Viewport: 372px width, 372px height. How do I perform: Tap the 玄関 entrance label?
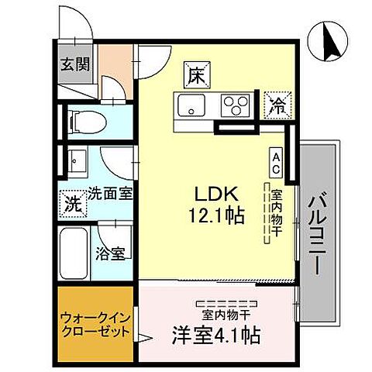point(75,64)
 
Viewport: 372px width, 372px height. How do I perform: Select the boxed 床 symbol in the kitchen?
point(193,75)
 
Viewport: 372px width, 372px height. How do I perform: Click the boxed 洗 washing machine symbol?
point(71,206)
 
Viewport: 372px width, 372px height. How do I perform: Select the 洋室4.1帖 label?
point(215,337)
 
